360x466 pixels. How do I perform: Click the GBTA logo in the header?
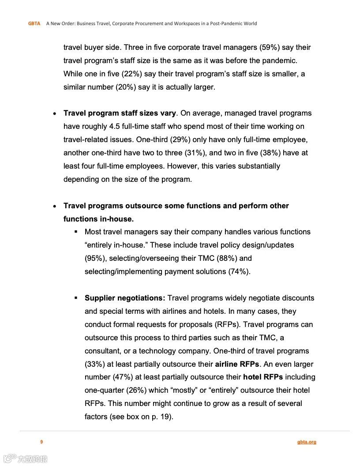[34, 23]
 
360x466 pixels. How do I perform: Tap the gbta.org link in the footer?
[307, 442]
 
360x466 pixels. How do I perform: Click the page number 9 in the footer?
[41, 442]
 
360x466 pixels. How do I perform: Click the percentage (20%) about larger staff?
[126, 87]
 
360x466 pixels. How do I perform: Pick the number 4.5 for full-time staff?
[114, 126]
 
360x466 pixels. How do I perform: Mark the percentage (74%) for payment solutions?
[239, 271]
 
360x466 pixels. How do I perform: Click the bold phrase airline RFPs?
[237, 364]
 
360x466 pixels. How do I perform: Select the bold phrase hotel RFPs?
[263, 377]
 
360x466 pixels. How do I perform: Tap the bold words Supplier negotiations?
[125, 298]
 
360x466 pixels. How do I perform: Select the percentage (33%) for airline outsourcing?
[94, 364]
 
